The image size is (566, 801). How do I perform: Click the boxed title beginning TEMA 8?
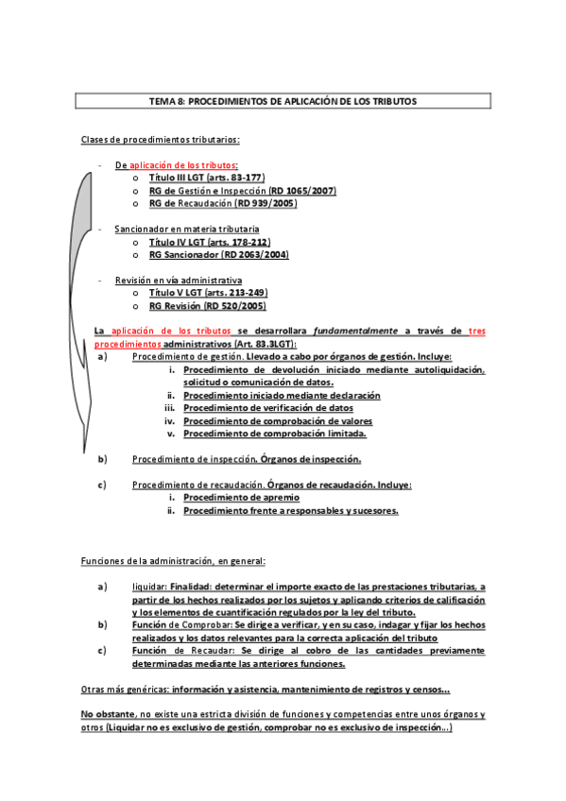click(x=283, y=100)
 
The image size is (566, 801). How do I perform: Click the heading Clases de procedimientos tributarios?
click(x=160, y=140)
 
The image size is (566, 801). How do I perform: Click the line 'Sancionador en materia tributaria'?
click(x=186, y=230)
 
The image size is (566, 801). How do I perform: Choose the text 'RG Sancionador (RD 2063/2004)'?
click(x=218, y=255)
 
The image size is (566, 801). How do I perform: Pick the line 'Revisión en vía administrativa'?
click(x=178, y=281)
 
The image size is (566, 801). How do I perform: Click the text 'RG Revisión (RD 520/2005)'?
click(x=207, y=306)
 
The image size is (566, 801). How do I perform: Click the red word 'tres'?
click(x=477, y=331)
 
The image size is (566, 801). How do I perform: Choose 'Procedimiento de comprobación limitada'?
click(x=274, y=434)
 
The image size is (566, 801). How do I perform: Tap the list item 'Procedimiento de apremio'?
click(x=241, y=497)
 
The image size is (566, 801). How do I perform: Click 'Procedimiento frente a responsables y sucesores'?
click(x=290, y=510)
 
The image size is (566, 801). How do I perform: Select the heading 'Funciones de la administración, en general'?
click(x=173, y=562)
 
